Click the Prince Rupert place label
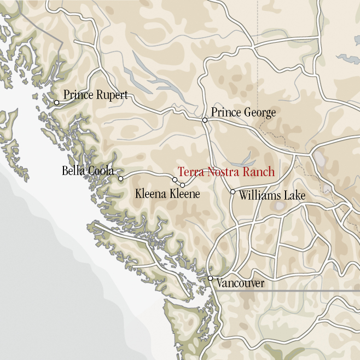point(95,95)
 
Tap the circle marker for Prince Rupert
point(56,102)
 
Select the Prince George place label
point(243,113)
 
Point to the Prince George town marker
point(205,120)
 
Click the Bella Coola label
point(88,171)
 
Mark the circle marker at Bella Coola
point(120,178)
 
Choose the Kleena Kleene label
point(167,194)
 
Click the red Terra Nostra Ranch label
point(226,172)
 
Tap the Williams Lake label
point(271,195)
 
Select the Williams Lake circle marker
point(233,191)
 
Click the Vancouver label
point(240,283)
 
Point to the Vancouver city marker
point(211,278)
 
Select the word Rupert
point(112,95)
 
